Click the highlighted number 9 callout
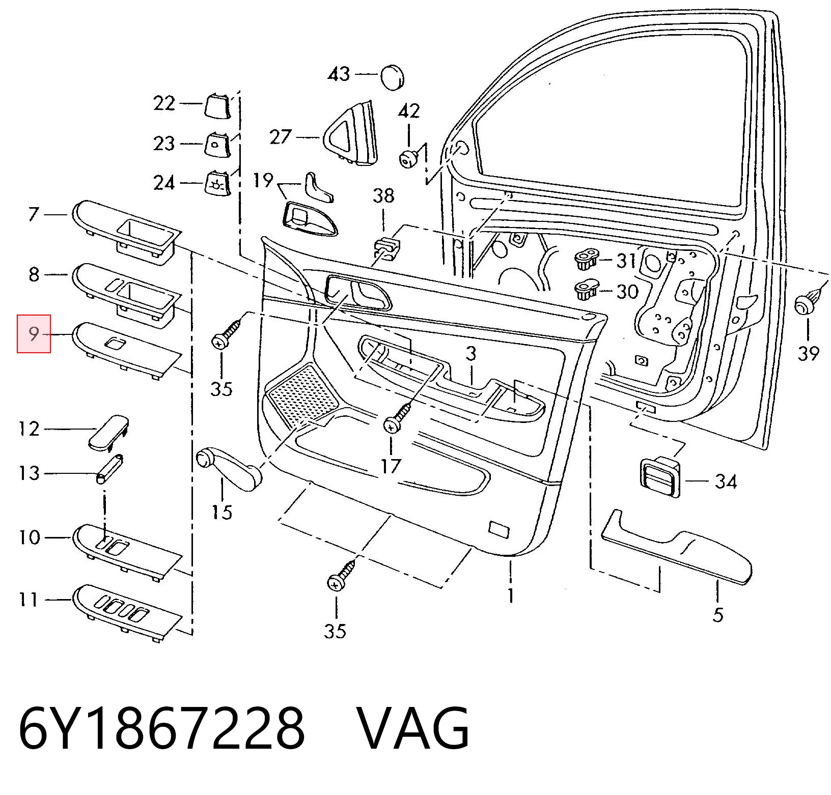pyautogui.click(x=34, y=334)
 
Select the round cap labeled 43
pyautogui.click(x=392, y=77)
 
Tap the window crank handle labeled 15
pyautogui.click(x=229, y=468)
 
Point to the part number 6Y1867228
pyautogui.click(x=161, y=729)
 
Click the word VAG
pyautogui.click(x=412, y=729)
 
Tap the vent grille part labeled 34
pyautogui.click(x=659, y=476)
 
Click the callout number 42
pyautogui.click(x=409, y=111)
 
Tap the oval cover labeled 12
pyautogui.click(x=108, y=432)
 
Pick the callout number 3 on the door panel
pyautogui.click(x=471, y=353)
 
